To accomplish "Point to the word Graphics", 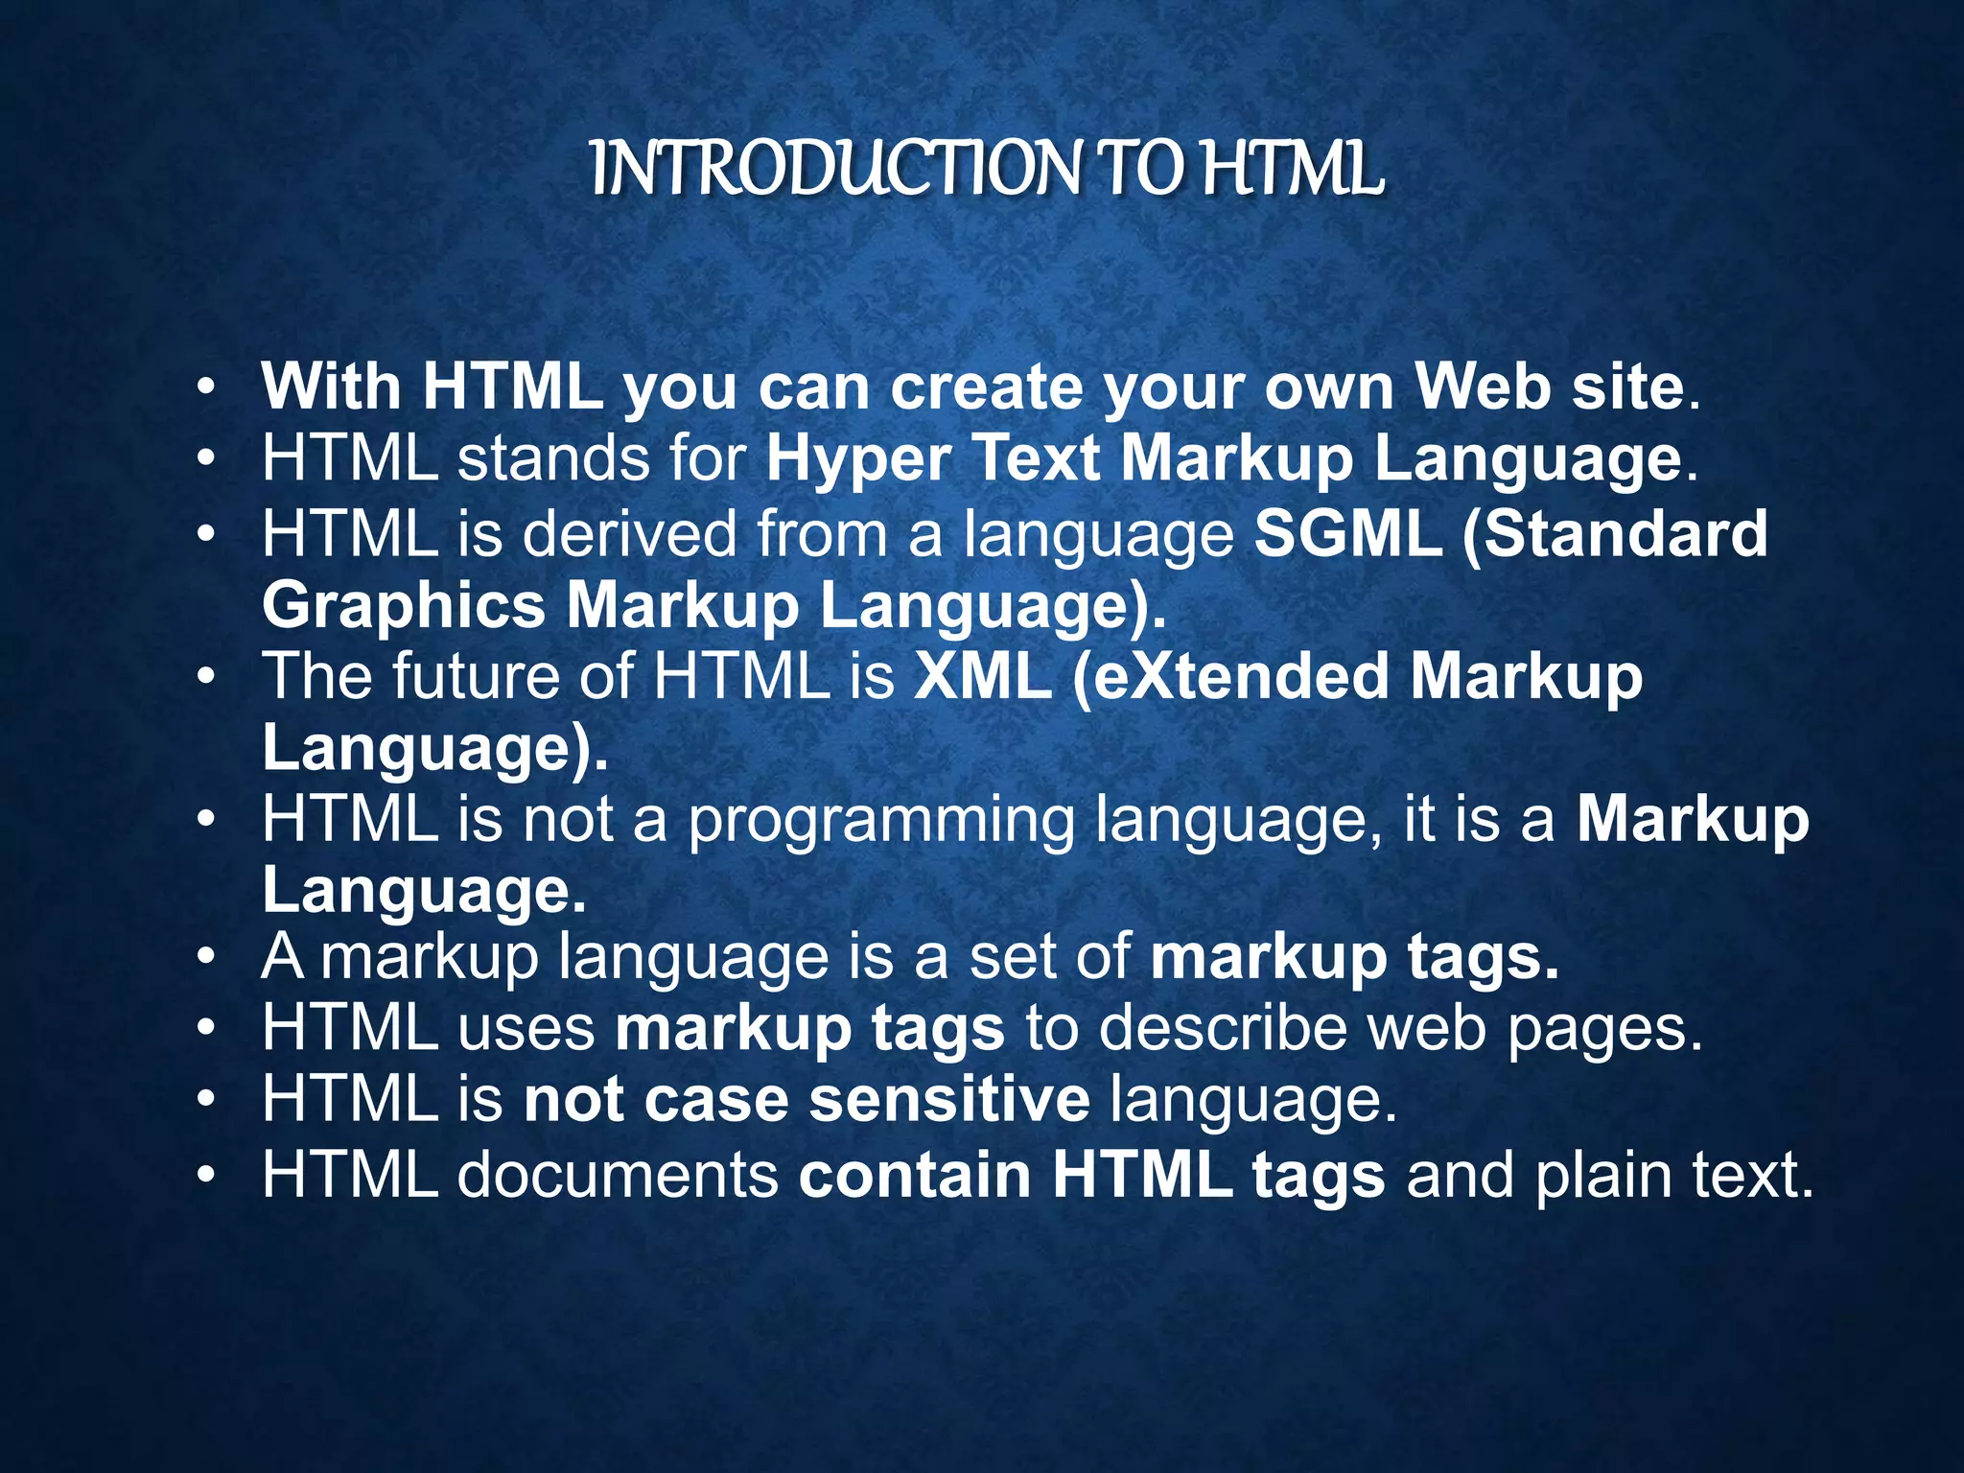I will pyautogui.click(x=404, y=606).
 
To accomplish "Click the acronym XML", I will pyautogui.click(x=982, y=675).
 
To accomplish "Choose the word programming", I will pyautogui.click(x=882, y=821).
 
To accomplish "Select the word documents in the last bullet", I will pyautogui.click(x=617, y=1174).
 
